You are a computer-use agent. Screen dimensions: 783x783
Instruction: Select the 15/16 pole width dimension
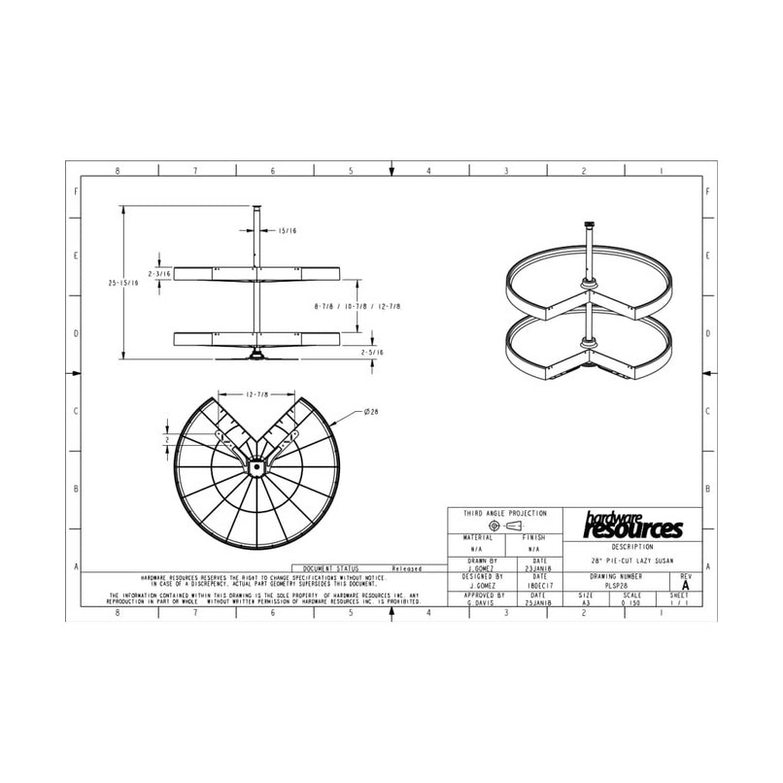point(288,230)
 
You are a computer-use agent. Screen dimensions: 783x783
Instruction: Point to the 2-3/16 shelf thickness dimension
point(159,274)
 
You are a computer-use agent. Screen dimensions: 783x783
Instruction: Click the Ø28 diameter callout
point(371,412)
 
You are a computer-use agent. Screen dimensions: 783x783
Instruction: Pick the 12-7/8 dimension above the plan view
point(256,394)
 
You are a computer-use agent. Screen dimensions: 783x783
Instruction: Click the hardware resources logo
point(632,526)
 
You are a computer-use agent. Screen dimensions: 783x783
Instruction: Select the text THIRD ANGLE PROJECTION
point(504,513)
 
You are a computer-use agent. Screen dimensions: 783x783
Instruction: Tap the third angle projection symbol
point(504,526)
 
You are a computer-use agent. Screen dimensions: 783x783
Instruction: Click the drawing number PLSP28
point(617,586)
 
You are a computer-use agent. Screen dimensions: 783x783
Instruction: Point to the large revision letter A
point(686,586)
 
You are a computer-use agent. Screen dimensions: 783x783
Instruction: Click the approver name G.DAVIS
point(484,603)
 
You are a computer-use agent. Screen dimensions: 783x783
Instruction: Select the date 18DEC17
point(540,586)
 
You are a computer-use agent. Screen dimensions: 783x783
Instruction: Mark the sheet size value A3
point(586,603)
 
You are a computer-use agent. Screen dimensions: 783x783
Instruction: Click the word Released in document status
point(406,568)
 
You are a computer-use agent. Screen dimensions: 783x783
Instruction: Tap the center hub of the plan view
point(255,465)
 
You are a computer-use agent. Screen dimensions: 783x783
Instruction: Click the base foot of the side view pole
point(256,355)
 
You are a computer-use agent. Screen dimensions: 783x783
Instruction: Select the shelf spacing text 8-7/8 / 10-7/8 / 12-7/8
point(357,306)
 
